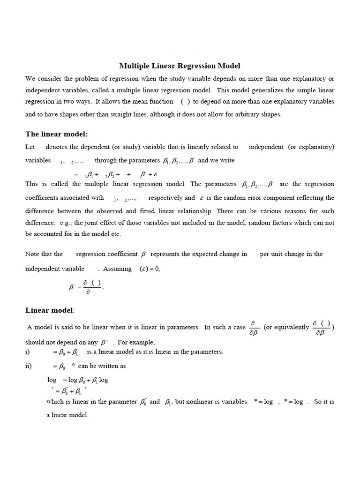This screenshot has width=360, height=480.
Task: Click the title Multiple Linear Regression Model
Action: tap(180, 66)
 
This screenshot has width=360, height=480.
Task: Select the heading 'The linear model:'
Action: tap(56, 135)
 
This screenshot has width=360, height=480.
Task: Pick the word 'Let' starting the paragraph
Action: tap(30, 147)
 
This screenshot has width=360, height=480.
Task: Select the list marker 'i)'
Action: tap(28, 352)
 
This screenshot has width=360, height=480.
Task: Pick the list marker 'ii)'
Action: tap(29, 366)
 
